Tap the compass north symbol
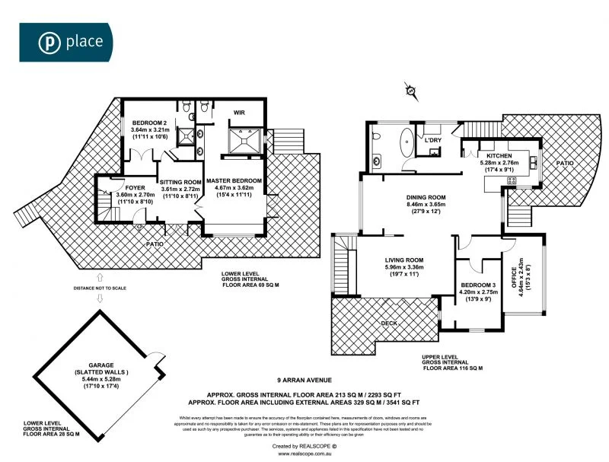(x=412, y=92)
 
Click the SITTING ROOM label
(x=180, y=183)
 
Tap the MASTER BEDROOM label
(x=239, y=180)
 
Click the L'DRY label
(x=433, y=140)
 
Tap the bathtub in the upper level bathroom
(x=404, y=142)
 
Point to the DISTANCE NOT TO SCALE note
(x=99, y=287)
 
